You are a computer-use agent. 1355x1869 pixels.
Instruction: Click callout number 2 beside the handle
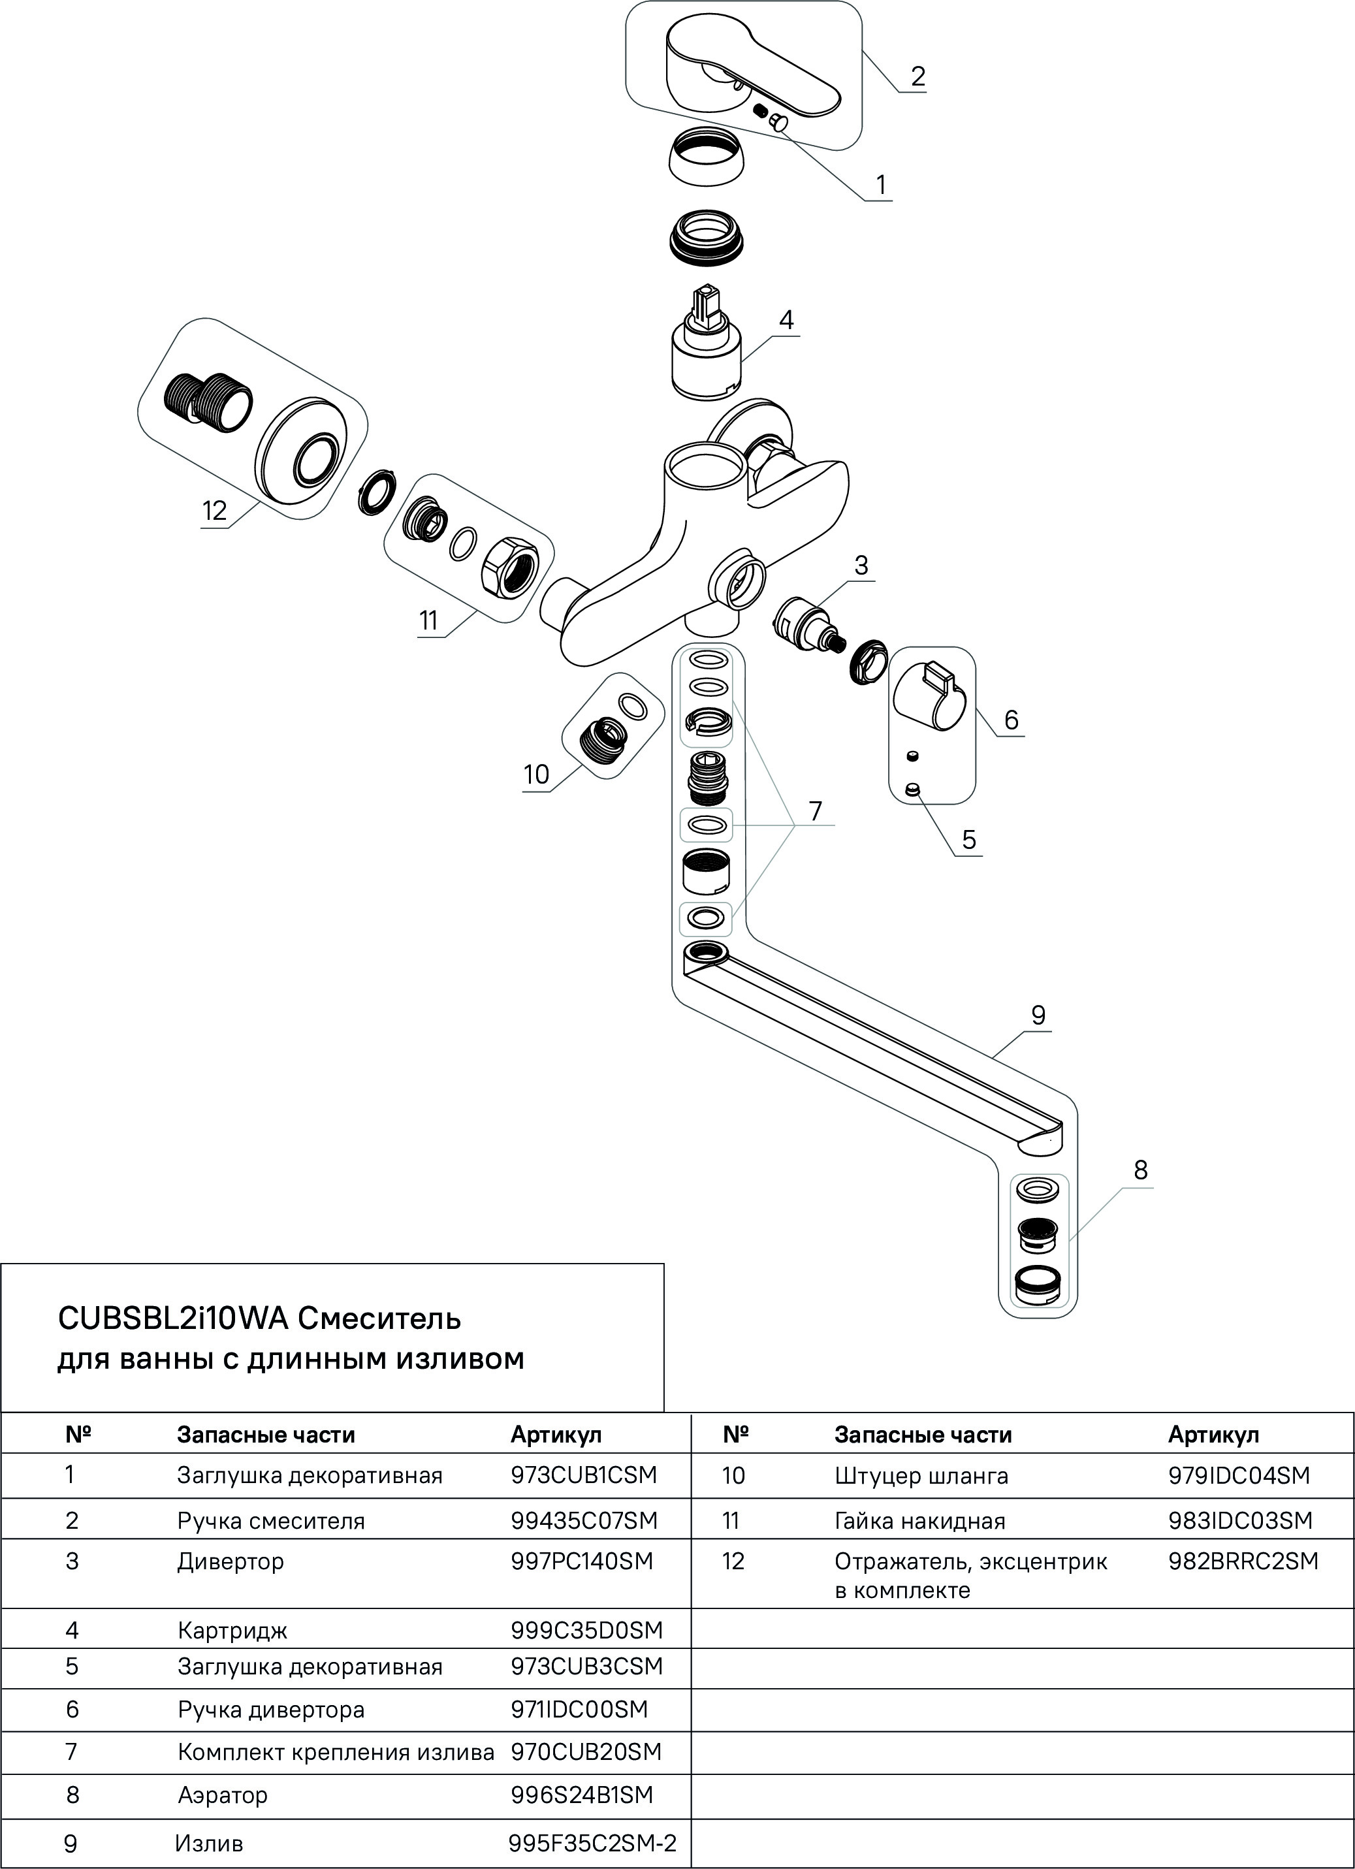917,76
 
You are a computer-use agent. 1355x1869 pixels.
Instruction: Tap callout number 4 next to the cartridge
786,320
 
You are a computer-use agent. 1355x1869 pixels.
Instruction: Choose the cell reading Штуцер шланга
921,1475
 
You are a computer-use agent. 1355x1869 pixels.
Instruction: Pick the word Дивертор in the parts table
230,1561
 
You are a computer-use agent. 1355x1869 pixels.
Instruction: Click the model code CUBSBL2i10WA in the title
173,1319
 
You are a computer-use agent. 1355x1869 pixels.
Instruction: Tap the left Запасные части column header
265,1435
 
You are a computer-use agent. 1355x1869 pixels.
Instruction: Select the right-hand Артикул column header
1213,1435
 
